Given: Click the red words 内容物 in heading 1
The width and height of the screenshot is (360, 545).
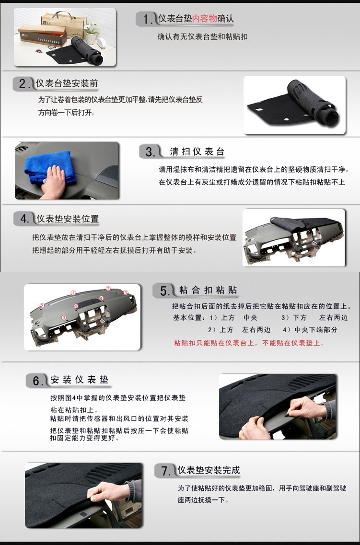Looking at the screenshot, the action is coord(205,18).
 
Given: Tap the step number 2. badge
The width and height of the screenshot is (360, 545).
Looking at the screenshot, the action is coord(23,84).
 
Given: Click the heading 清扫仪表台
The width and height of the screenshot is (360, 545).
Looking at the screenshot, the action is coord(197,151).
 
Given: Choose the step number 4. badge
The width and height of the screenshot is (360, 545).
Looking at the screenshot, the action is coord(24,219).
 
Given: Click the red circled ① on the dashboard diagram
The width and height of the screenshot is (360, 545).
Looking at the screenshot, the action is coord(73,293).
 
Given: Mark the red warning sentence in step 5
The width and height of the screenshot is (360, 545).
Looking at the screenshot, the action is coord(249,343).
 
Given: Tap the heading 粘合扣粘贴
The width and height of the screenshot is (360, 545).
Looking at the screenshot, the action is coord(208,290).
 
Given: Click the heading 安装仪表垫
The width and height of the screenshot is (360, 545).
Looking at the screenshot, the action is coord(80,380).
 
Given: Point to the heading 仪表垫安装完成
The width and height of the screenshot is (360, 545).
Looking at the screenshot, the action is coord(209,470).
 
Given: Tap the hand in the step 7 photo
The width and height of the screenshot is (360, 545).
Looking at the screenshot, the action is coord(108,491).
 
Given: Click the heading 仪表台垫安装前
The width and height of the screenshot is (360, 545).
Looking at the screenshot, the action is coord(67,83).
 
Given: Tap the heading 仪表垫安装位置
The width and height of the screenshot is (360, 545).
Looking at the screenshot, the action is coord(68,219).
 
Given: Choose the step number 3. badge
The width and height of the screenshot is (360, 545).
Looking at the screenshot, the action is coord(150,152).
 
